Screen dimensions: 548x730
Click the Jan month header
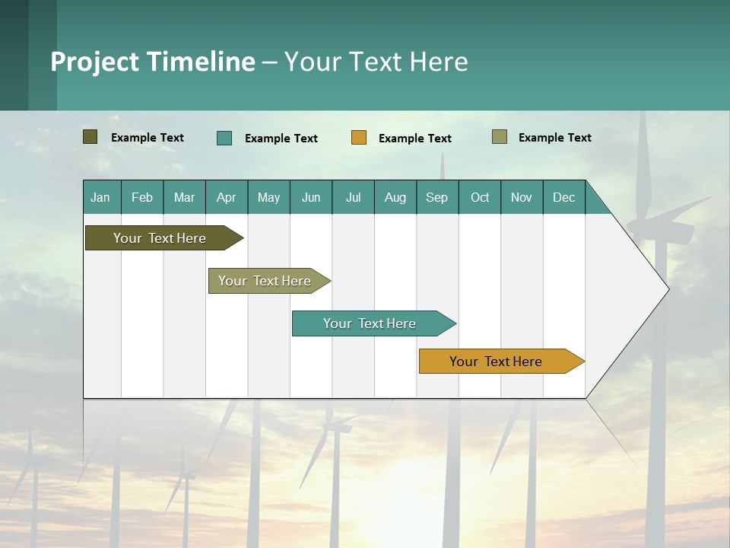(x=100, y=197)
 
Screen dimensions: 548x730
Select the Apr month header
(x=227, y=197)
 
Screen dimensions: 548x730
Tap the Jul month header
(x=353, y=197)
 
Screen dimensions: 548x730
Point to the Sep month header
(x=436, y=197)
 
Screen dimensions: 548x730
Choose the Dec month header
(x=563, y=197)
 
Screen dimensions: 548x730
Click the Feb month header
(x=142, y=197)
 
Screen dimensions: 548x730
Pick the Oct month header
(x=480, y=197)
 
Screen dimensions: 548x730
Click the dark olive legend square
(x=90, y=137)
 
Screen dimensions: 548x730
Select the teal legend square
(x=224, y=138)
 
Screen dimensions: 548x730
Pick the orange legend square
(x=359, y=138)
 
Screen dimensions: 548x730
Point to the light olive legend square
(x=499, y=137)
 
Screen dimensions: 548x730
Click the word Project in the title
(x=94, y=62)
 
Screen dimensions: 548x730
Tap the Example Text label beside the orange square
(x=414, y=139)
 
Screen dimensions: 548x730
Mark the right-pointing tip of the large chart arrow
(x=668, y=289)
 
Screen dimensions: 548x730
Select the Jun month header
(x=311, y=197)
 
